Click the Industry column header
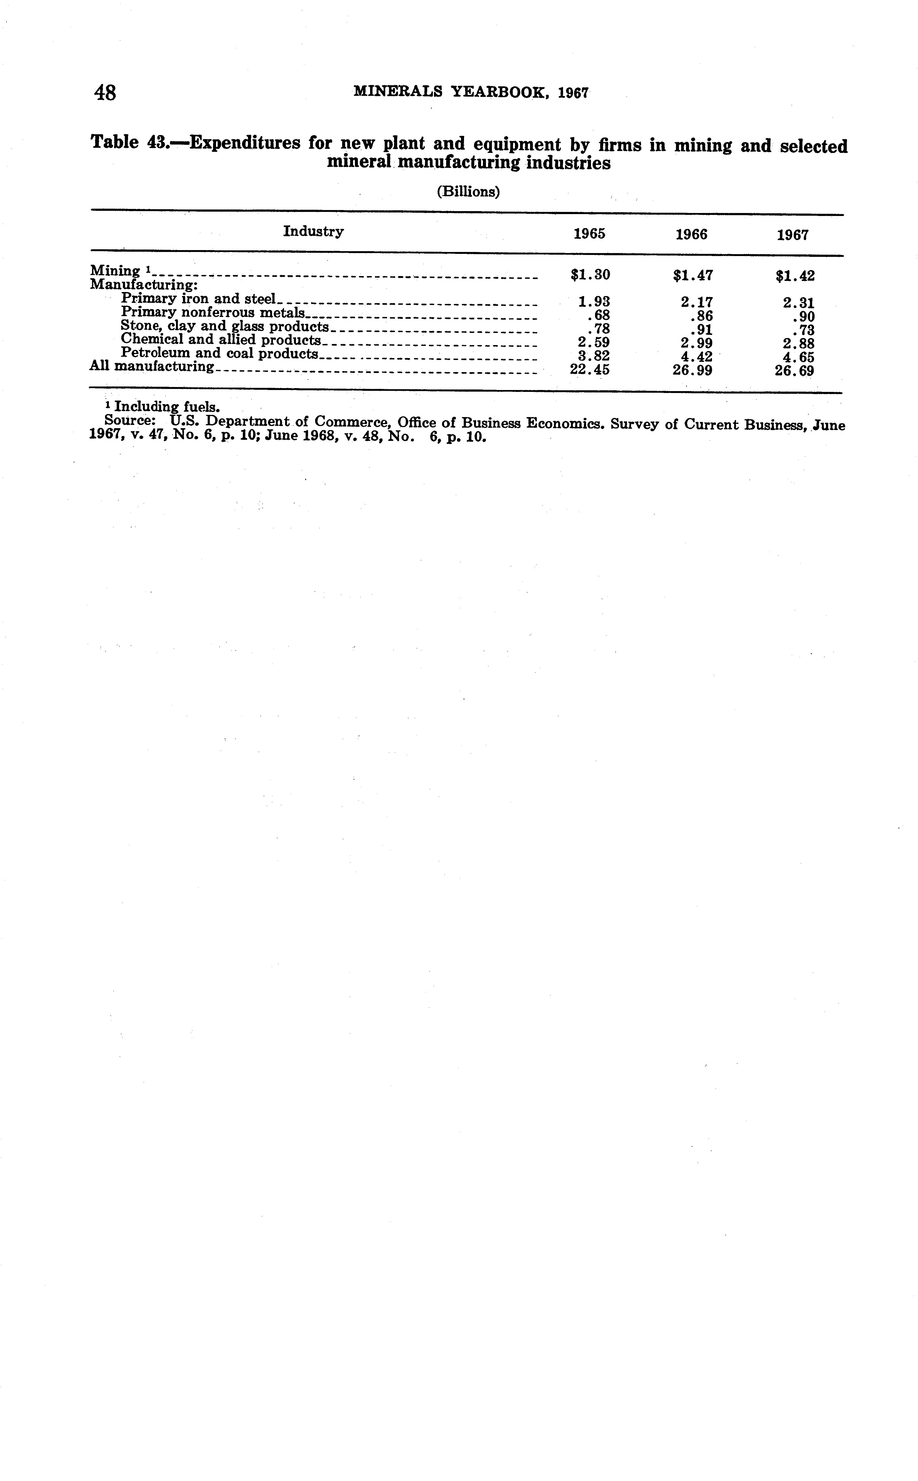point(313,231)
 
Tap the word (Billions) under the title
point(468,192)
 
